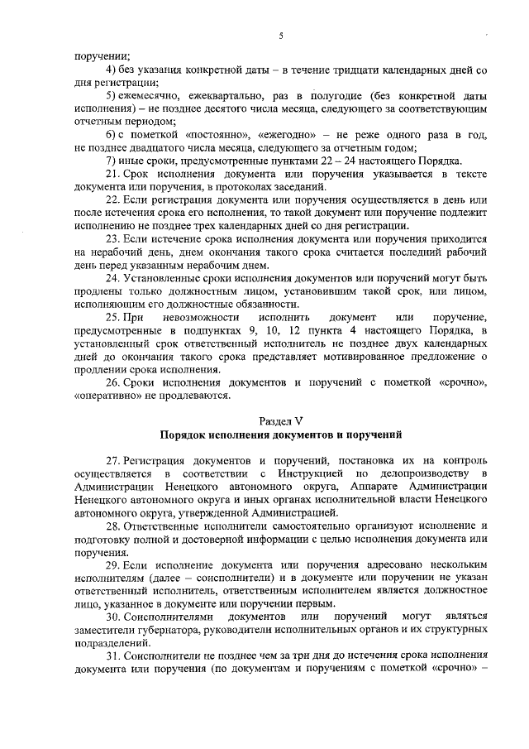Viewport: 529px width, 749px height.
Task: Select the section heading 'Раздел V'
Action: click(x=280, y=420)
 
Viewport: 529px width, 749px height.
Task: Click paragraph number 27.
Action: click(x=114, y=459)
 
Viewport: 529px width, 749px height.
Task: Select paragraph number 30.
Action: click(x=114, y=617)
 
